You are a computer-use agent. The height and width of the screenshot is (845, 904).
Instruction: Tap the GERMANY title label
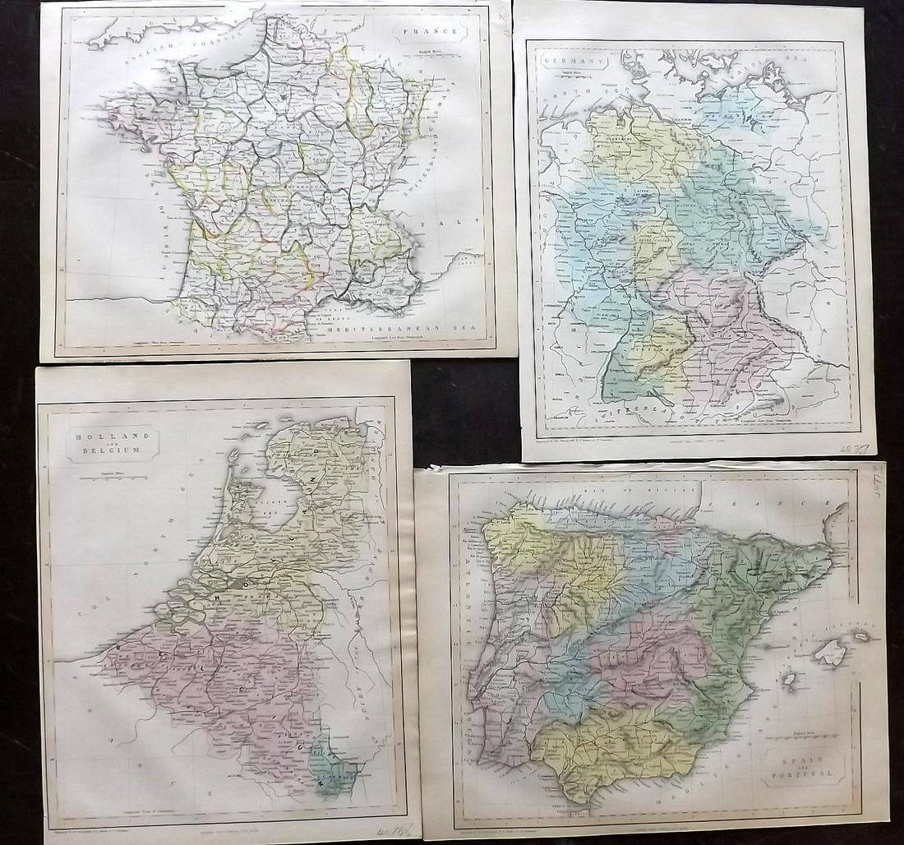(x=558, y=62)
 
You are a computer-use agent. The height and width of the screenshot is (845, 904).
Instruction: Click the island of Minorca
(x=863, y=635)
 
